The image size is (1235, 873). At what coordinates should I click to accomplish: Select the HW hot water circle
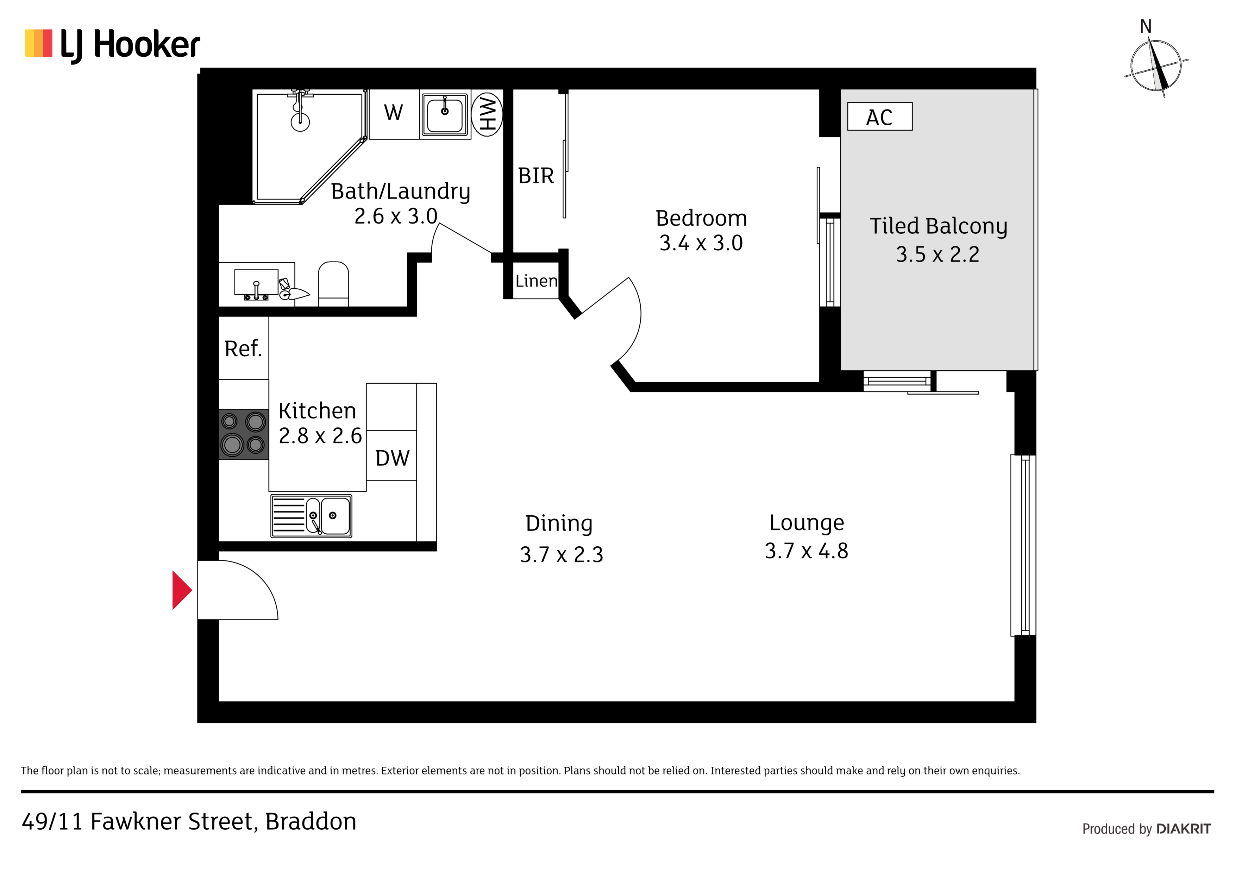487,113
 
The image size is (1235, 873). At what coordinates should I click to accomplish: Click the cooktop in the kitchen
244,434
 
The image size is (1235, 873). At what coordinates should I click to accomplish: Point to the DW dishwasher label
392,458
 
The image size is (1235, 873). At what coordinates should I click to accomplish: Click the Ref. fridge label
243,348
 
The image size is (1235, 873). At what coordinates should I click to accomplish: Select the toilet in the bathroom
333,283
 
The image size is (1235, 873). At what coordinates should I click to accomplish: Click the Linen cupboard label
536,281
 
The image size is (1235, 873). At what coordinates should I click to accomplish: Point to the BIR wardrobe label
536,176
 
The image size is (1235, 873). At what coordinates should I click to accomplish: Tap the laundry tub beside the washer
445,114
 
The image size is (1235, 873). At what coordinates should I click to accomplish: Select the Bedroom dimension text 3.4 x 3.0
701,243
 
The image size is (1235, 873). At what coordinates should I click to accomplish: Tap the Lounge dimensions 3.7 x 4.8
806,551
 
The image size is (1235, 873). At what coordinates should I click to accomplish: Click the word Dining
559,524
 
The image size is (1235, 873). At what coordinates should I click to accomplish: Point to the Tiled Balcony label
938,226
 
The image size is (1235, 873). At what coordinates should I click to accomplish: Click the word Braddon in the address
311,821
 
